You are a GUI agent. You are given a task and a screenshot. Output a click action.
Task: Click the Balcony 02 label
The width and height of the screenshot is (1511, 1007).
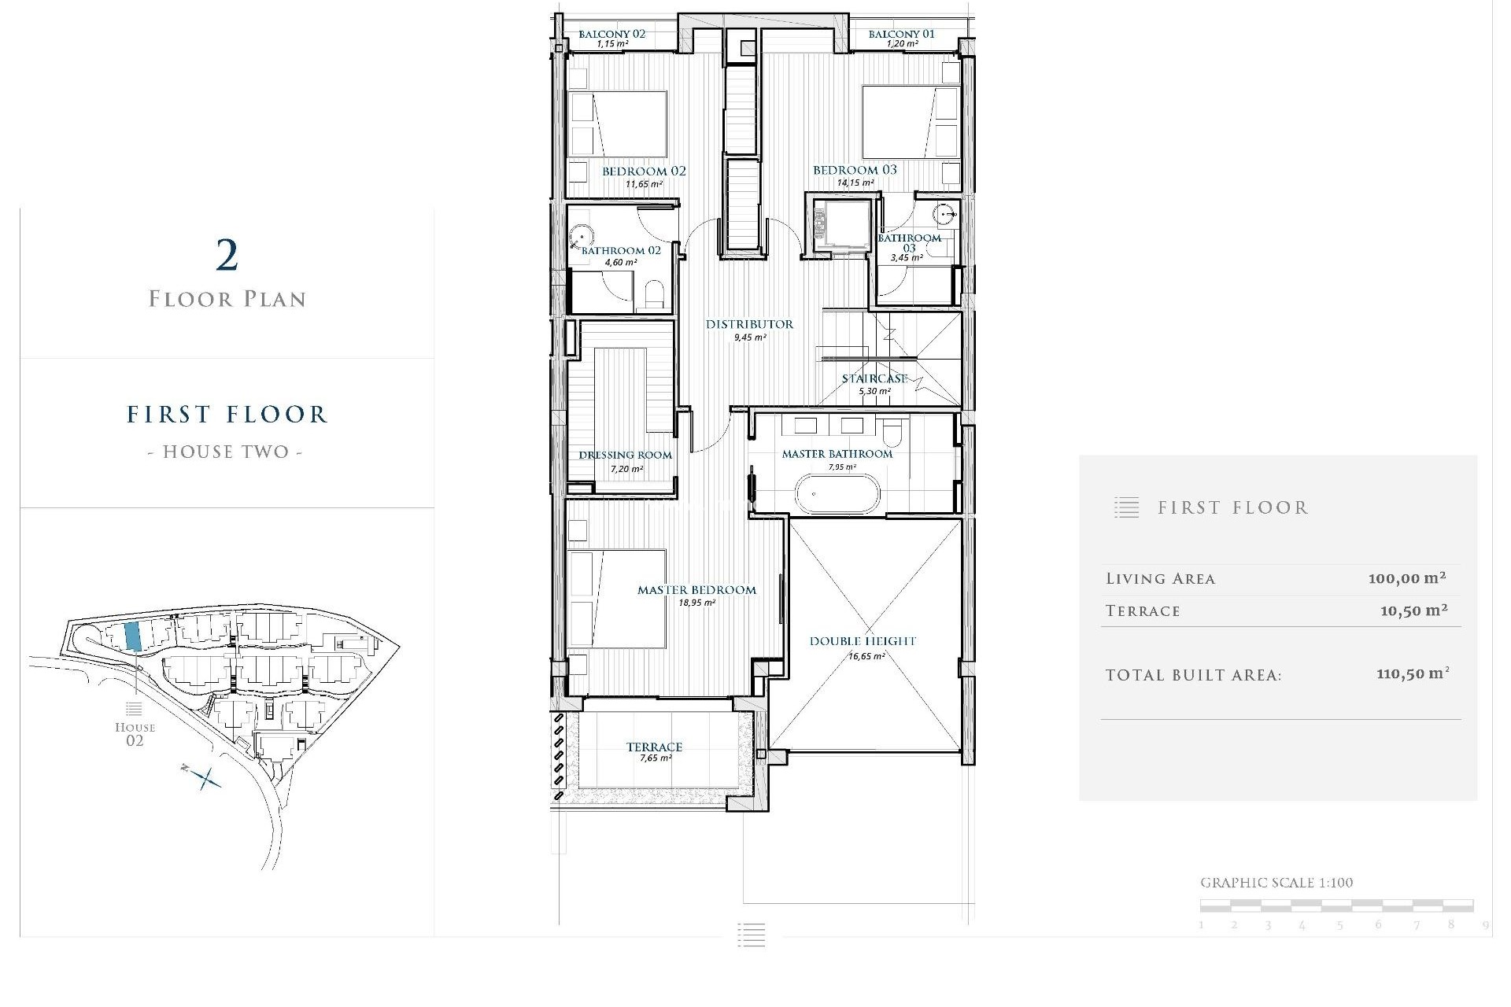point(611,34)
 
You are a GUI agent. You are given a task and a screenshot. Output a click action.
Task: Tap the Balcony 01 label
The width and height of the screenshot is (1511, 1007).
point(901,34)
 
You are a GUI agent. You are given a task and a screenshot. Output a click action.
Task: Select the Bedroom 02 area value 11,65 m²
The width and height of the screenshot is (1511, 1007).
point(643,184)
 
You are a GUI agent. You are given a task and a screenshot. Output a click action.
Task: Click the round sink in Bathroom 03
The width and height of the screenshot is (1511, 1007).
point(944,213)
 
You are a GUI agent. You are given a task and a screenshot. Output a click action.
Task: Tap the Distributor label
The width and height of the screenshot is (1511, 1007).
point(748,324)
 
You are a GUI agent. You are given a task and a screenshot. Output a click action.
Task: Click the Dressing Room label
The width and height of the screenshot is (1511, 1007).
point(625,455)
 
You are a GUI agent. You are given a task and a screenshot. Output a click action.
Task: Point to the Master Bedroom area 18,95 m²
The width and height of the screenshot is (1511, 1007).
point(696,603)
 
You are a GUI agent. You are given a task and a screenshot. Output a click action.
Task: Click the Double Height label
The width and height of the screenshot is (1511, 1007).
point(863,641)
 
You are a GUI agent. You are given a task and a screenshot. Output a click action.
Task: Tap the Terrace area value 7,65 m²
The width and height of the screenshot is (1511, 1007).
point(655,758)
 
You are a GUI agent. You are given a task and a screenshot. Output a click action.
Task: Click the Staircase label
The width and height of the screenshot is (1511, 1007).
point(874,378)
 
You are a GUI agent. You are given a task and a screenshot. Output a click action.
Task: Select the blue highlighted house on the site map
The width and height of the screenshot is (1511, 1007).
point(133,636)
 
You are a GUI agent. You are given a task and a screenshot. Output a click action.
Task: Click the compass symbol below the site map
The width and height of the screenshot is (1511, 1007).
point(205,778)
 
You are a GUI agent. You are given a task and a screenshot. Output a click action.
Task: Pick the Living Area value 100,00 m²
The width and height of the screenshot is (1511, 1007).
point(1406,578)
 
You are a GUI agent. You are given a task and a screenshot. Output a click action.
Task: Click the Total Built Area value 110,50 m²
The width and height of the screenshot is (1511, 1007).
point(1412,674)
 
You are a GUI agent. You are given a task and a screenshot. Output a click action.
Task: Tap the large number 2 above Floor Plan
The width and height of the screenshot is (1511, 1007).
point(227,256)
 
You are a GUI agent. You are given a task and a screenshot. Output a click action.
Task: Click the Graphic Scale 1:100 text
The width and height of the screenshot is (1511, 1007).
point(1276,883)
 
